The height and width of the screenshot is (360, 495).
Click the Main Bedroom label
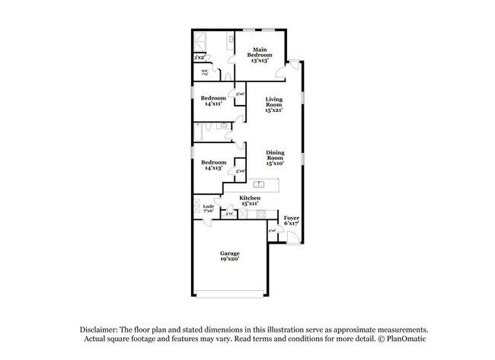tap(260, 56)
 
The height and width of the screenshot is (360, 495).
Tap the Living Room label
tap(273, 104)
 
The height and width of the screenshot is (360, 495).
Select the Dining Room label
tap(274, 158)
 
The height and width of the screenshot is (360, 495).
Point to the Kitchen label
tap(251, 201)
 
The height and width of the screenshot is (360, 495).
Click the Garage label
tap(230, 256)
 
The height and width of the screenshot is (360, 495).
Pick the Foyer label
tap(291, 221)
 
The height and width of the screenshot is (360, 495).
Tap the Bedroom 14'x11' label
tap(213, 101)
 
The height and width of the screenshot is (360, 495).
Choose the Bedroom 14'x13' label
tap(213, 165)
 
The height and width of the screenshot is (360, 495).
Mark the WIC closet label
tap(206, 73)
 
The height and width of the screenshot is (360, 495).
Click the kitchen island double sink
tap(259, 184)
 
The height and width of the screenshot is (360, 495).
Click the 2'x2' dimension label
tap(200, 58)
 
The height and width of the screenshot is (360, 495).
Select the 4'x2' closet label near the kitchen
tap(228, 215)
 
